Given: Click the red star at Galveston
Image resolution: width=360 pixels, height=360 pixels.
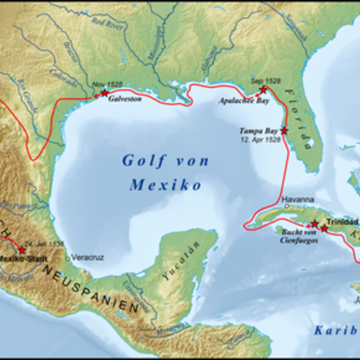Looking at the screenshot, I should click(104, 93).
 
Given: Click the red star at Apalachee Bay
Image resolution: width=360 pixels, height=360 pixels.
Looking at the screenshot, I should click(264, 90).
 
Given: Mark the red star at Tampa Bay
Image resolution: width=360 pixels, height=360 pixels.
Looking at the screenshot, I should click(284, 131).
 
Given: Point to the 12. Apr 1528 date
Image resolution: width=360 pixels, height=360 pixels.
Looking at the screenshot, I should click(260, 140).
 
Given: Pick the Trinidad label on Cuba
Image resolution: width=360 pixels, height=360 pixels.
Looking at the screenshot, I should click(343, 221).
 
